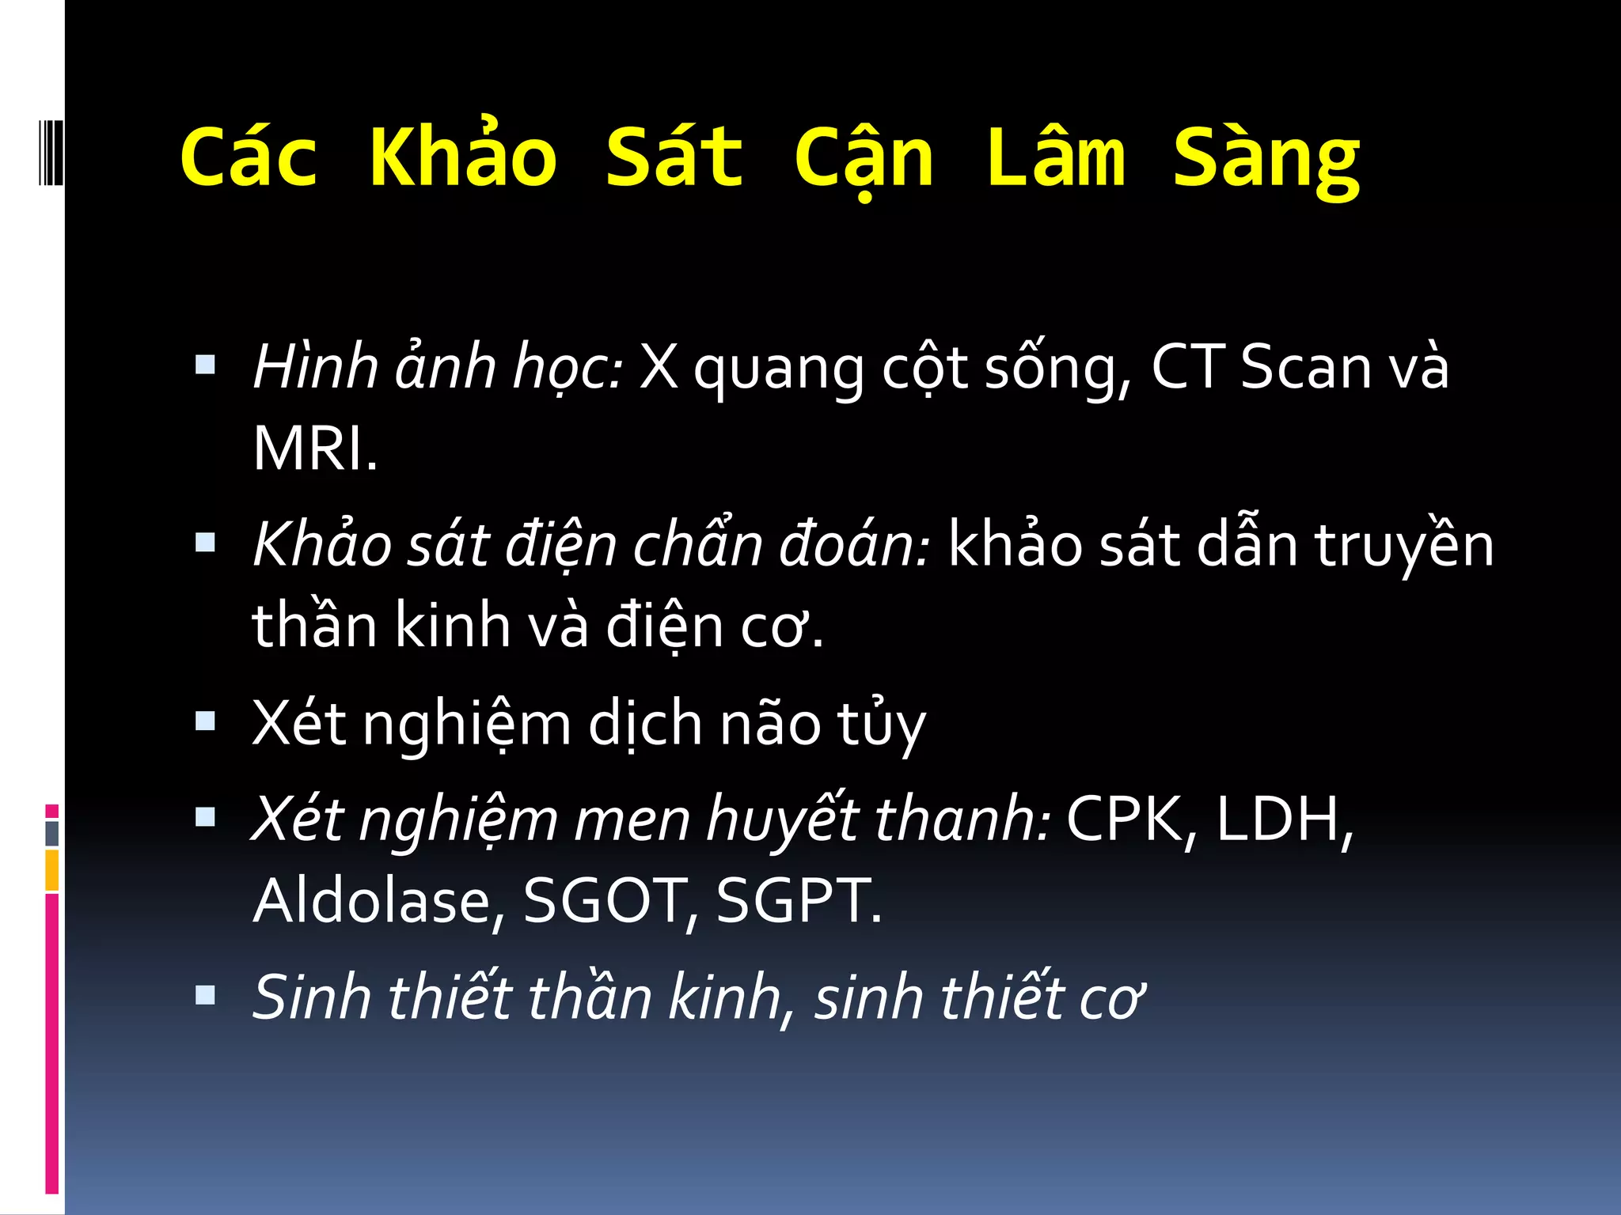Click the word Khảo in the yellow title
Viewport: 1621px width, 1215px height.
click(463, 157)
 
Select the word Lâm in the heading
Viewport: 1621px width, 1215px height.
click(1056, 157)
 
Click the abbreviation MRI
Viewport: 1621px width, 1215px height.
click(314, 449)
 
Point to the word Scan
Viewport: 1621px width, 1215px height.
click(1306, 367)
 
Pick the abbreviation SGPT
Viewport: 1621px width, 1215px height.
click(798, 900)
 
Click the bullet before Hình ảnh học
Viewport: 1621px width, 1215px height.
click(205, 365)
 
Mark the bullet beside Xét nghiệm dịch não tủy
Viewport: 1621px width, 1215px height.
click(205, 721)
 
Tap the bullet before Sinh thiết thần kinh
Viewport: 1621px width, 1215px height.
click(205, 994)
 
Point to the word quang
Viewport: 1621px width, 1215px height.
click(779, 370)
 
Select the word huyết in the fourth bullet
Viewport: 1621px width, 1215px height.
click(782, 819)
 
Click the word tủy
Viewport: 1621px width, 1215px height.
click(881, 723)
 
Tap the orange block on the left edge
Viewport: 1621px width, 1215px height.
click(51, 869)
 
